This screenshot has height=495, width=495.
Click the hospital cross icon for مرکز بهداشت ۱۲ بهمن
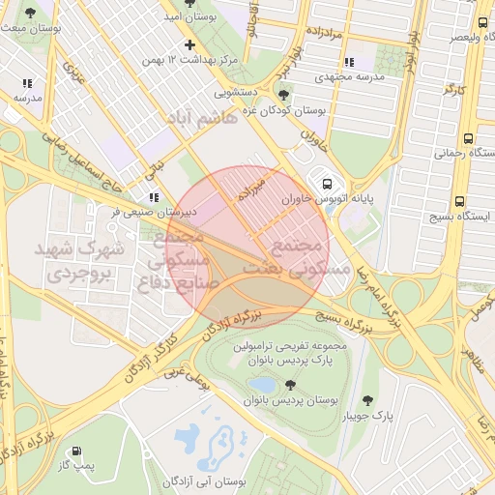(x=189, y=44)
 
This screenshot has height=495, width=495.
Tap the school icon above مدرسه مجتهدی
(x=349, y=61)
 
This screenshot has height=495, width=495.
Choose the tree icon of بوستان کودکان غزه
(x=282, y=95)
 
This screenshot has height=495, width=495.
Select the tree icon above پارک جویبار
(x=367, y=400)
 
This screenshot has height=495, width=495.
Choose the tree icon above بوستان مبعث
(x=31, y=14)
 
